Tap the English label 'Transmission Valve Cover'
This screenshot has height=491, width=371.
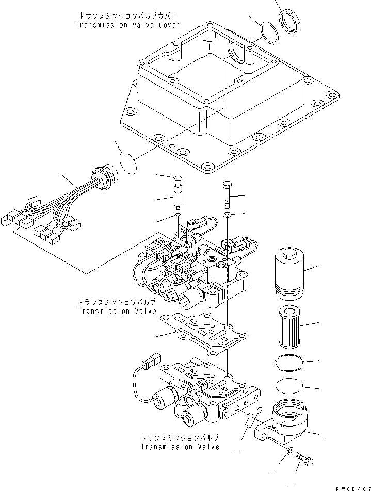(x=127, y=25)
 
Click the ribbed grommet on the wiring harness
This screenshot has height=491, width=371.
(x=107, y=175)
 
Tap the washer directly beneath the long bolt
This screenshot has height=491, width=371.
(x=228, y=214)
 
